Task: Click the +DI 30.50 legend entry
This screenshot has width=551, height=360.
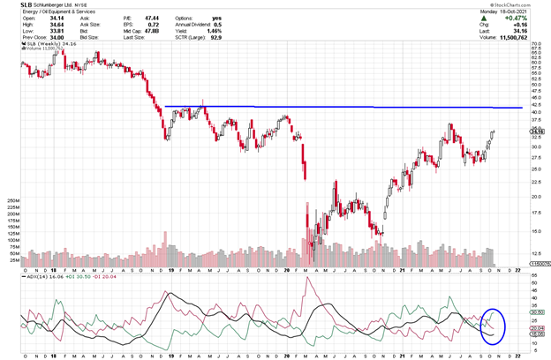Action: tap(60, 276)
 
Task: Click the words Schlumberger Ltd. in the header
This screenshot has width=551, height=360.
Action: tap(49, 7)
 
